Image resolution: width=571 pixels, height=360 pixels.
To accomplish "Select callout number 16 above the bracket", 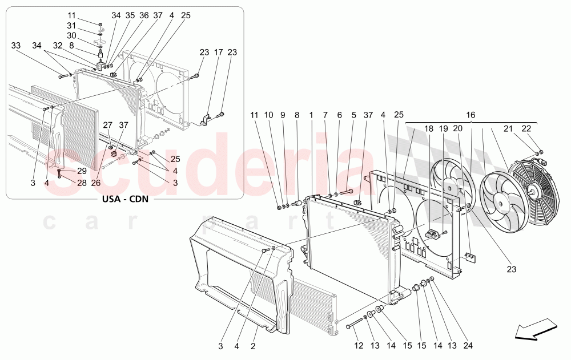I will tap(471, 115).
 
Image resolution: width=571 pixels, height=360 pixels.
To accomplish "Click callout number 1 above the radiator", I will tap(311, 115).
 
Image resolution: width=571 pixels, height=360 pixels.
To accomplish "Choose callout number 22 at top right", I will tap(526, 130).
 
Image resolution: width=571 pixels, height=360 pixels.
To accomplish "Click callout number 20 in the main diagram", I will tap(457, 130).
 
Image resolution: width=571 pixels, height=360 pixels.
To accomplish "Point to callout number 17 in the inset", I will tap(218, 52).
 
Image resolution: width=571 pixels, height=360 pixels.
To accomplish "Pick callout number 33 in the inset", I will tap(15, 45).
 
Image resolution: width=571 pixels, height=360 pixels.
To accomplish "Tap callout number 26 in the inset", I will tap(95, 183).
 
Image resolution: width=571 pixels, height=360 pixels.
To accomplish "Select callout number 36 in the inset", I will tap(144, 15).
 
